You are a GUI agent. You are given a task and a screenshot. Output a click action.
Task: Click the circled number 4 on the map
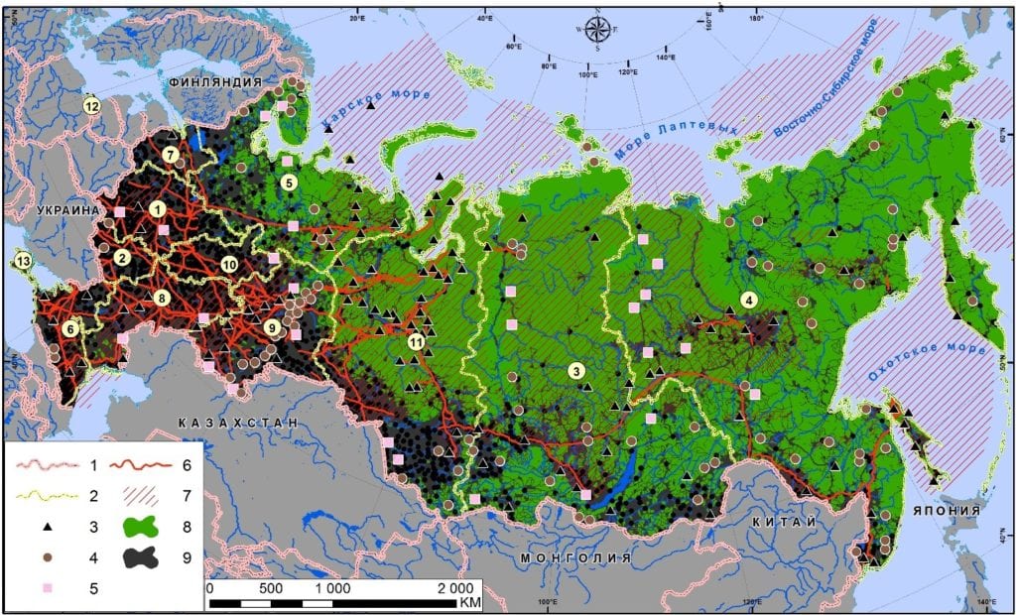click(749, 300)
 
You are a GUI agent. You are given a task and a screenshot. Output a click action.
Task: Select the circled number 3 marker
click(574, 371)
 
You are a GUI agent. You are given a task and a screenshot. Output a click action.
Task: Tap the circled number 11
click(416, 342)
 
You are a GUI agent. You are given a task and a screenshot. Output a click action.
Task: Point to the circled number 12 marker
click(91, 105)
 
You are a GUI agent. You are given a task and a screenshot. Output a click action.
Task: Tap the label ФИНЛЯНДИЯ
click(215, 82)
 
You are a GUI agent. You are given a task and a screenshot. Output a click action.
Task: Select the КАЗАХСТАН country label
click(237, 423)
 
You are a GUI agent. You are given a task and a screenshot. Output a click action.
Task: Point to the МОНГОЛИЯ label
click(575, 557)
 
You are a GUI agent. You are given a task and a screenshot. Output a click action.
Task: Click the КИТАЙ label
click(783, 522)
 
